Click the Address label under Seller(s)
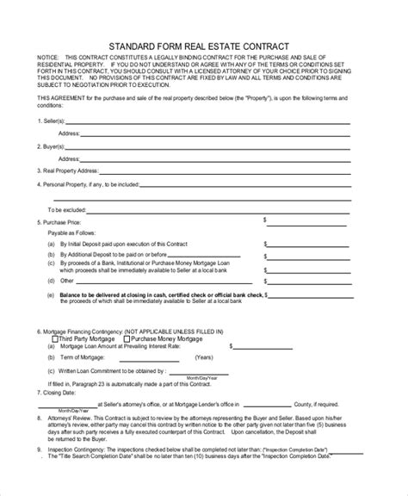[70, 133]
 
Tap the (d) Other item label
[62, 280]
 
